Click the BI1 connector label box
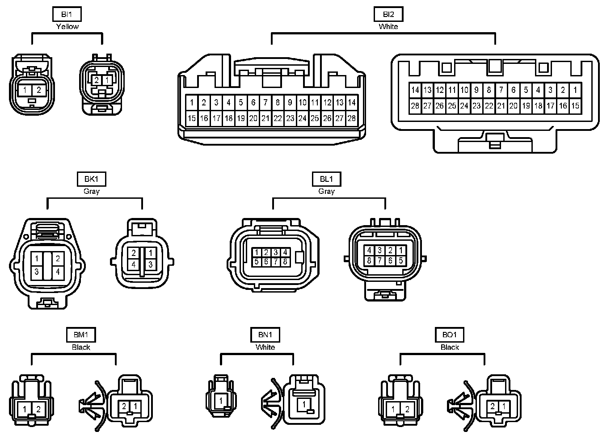67,14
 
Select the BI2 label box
388,14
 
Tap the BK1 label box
91,179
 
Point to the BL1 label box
326,179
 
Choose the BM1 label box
81,335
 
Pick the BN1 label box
265,335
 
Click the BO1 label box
450,335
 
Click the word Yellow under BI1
67,26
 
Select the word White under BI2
388,26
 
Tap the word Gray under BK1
91,191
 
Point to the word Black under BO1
450,347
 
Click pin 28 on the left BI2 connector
352,118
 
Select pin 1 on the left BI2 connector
192,103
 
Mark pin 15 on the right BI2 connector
575,106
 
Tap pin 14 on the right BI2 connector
415,90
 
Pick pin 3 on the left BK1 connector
37,271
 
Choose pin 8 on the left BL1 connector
285,262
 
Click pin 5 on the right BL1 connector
401,260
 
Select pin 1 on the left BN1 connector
221,401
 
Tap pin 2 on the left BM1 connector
38,408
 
